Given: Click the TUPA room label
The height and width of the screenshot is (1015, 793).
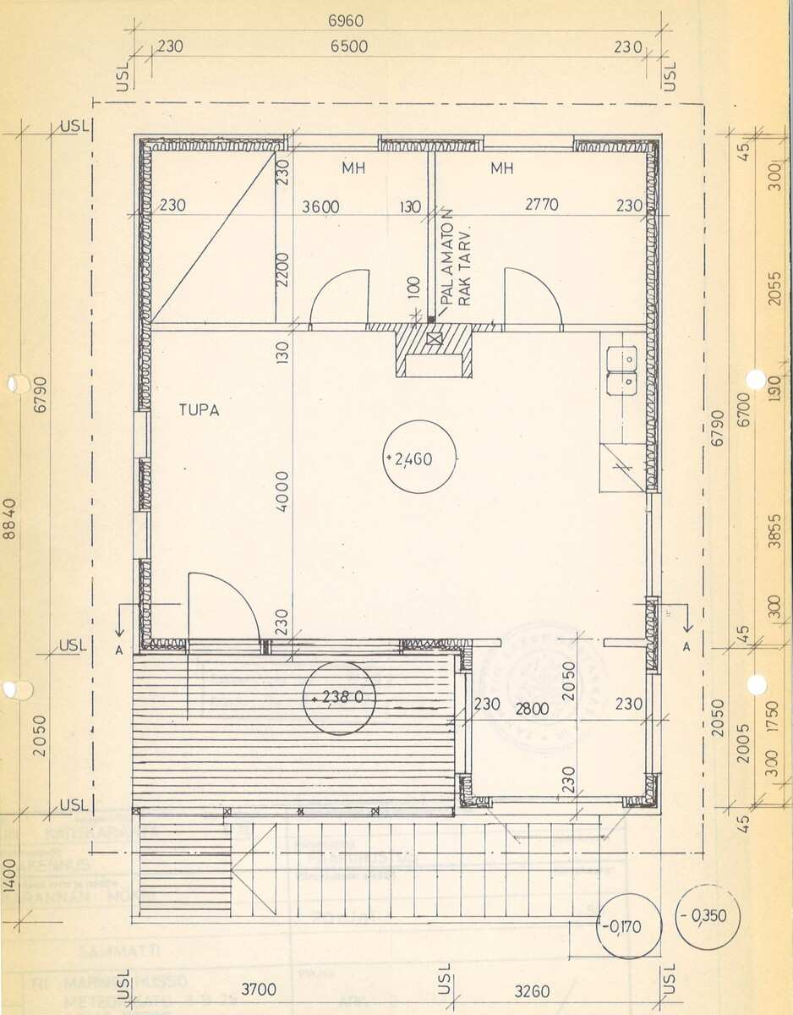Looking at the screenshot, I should [200, 410].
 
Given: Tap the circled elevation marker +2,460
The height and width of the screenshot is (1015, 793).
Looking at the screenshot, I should [420, 458].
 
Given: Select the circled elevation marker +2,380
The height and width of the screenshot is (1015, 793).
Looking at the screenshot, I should [339, 699].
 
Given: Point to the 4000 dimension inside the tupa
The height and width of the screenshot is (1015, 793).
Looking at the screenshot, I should [282, 494].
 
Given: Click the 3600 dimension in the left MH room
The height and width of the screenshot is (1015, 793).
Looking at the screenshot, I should [321, 206].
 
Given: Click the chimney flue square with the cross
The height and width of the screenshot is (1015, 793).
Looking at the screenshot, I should [435, 339].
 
